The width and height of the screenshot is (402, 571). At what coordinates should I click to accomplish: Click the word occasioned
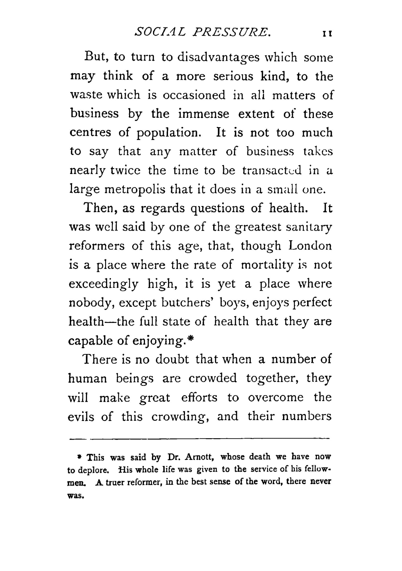click(194, 95)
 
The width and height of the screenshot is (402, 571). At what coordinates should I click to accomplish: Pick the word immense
click(204, 114)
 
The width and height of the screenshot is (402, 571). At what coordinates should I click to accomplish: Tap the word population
click(169, 133)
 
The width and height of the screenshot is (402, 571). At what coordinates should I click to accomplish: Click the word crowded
click(213, 378)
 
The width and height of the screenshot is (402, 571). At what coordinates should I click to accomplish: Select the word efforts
click(199, 397)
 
